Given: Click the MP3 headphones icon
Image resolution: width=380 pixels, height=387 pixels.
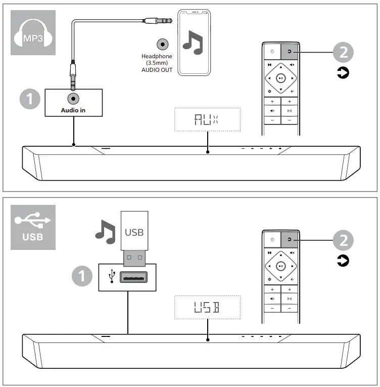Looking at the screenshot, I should pyautogui.click(x=32, y=32).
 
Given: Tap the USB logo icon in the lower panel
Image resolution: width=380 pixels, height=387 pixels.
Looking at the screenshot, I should pyautogui.click(x=33, y=227).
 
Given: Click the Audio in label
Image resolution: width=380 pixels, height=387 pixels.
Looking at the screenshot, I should pyautogui.click(x=73, y=109).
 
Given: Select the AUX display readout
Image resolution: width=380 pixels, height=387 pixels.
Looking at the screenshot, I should pyautogui.click(x=207, y=120).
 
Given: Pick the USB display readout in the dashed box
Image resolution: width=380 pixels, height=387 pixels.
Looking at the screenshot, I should pyautogui.click(x=207, y=307).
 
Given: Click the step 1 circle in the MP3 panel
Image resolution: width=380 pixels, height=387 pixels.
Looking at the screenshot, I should pyautogui.click(x=30, y=99).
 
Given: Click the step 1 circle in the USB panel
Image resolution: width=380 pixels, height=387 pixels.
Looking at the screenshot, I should pyautogui.click(x=82, y=276).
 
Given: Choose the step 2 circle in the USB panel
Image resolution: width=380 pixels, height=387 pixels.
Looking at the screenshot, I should pyautogui.click(x=343, y=240).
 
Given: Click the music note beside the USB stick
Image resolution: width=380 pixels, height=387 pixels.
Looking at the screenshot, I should pyautogui.click(x=106, y=233).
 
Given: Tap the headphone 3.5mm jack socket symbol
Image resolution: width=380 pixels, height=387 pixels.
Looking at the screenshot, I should pyautogui.click(x=163, y=44).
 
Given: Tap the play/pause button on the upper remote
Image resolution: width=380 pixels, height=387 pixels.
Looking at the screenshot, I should pyautogui.click(x=281, y=78).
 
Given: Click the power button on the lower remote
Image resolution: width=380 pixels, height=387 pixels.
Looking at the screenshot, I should pyautogui.click(x=272, y=239).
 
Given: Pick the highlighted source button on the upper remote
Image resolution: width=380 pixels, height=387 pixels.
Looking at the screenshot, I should pyautogui.click(x=290, y=51).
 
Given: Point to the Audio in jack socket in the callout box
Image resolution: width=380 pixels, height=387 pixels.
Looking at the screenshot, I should pyautogui.click(x=73, y=98).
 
